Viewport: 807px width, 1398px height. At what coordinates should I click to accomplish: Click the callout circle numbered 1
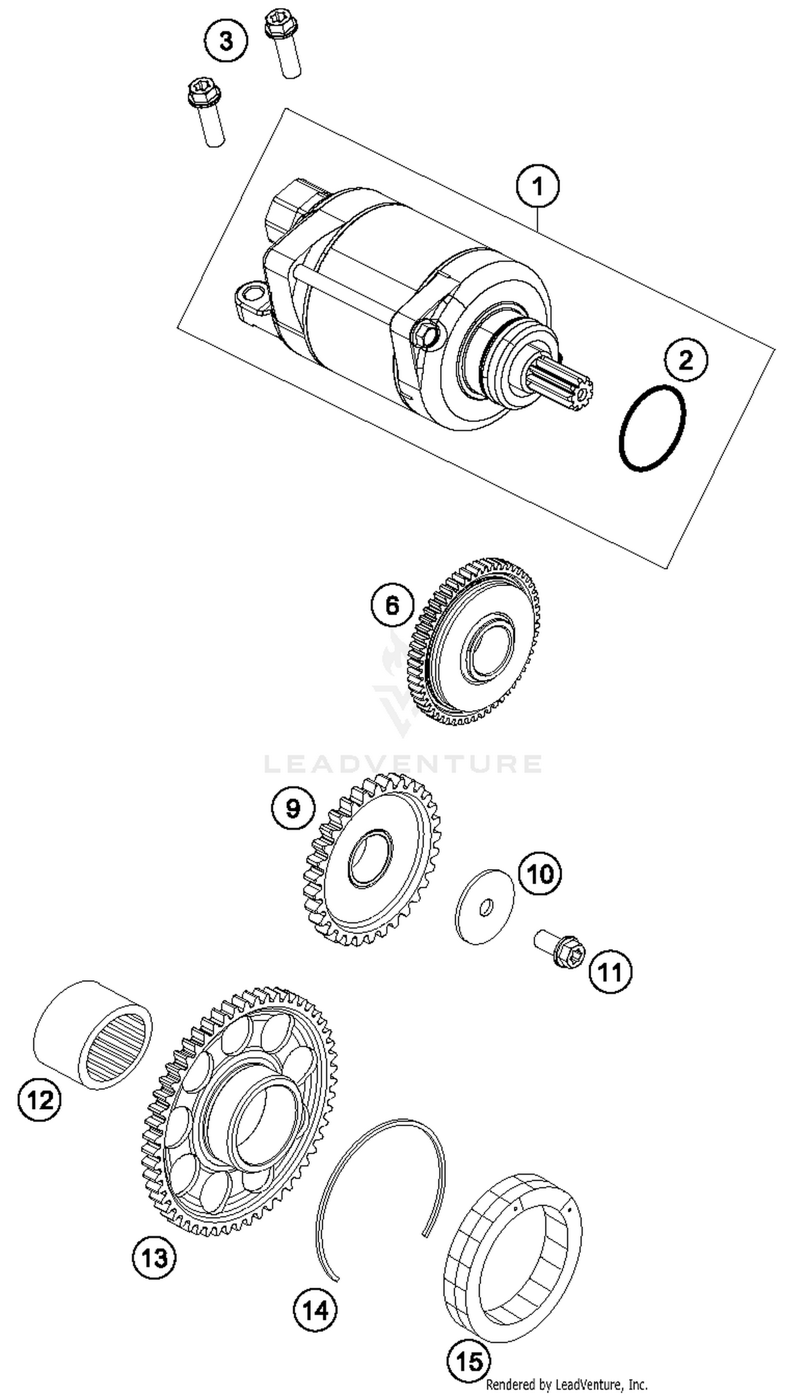pos(537,186)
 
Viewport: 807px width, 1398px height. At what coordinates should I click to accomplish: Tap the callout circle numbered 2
pos(686,361)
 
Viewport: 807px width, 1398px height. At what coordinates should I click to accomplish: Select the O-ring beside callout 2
pos(653,428)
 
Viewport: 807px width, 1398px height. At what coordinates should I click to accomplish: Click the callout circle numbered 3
pos(225,41)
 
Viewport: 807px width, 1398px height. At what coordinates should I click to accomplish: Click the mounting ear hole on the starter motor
pos(252,292)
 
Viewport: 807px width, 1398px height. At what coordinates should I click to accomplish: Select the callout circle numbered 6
pos(392,605)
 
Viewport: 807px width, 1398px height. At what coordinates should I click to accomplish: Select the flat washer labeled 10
pos(484,907)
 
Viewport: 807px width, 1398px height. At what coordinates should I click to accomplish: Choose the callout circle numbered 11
pos(610,971)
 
